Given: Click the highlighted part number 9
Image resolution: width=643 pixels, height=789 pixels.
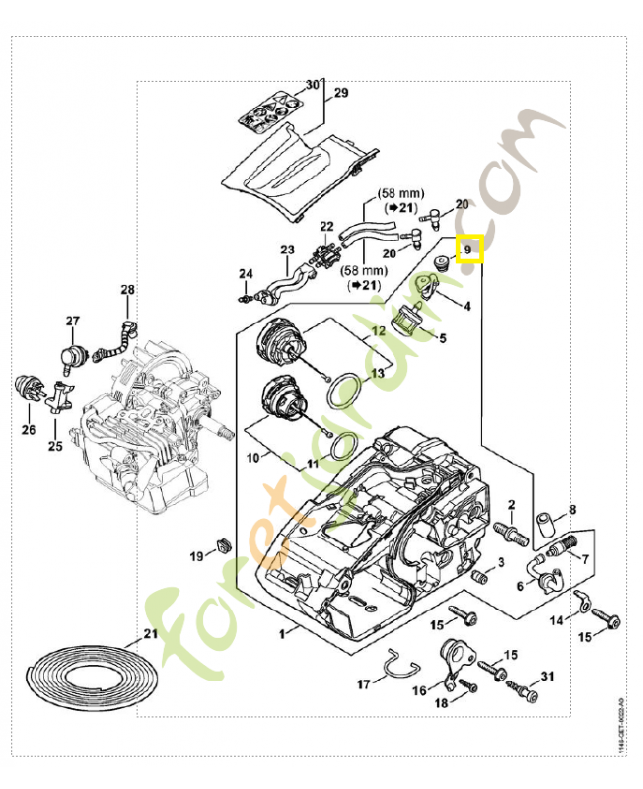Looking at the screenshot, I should (470, 251).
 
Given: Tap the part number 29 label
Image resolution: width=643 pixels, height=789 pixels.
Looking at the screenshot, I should (341, 93).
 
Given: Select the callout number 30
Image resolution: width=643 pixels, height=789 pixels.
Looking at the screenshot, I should (312, 85).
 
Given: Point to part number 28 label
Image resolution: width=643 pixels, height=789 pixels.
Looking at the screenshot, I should (127, 290).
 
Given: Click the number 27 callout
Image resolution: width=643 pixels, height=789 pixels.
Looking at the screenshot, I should (72, 322).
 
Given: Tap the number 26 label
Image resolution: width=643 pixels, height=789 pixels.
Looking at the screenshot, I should (29, 429).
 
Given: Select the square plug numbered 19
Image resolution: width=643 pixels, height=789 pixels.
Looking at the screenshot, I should (222, 544).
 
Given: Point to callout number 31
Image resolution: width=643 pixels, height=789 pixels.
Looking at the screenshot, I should (548, 676).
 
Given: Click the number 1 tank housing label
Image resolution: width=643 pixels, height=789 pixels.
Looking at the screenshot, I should (283, 631).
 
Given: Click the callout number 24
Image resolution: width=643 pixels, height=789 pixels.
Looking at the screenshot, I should (246, 273).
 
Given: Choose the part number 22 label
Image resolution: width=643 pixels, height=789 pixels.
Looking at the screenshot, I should (327, 226).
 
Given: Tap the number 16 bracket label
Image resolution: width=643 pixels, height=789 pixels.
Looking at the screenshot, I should (420, 691).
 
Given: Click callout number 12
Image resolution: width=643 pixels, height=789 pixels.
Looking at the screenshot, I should (378, 331).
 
